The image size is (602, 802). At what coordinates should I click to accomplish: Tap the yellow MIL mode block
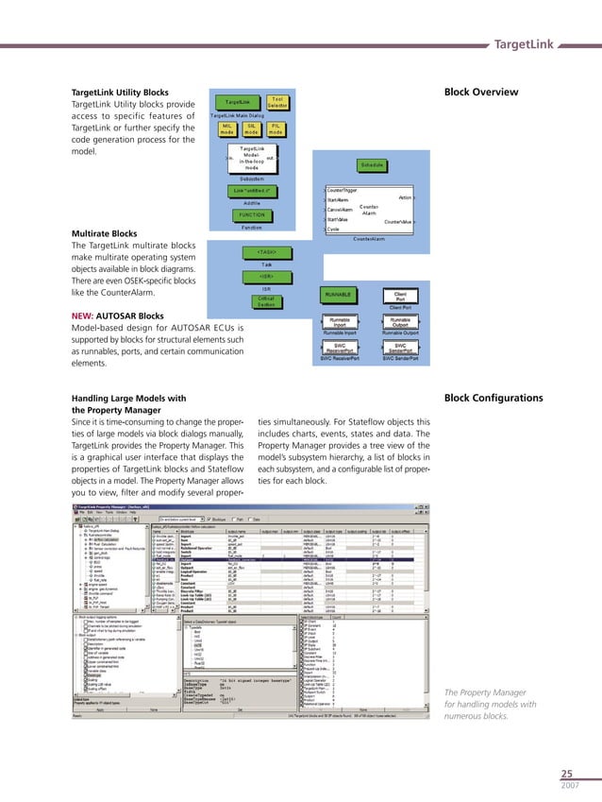227,128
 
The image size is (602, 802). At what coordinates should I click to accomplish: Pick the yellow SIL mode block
251,128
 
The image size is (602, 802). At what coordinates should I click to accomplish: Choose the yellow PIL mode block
275,128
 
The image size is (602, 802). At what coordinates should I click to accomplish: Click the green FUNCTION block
251,214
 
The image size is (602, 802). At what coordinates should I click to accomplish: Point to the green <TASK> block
266,252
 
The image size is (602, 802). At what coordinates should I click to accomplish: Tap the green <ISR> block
266,276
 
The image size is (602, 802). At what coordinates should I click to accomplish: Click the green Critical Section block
266,301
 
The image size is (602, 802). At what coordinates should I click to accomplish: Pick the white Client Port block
400,296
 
